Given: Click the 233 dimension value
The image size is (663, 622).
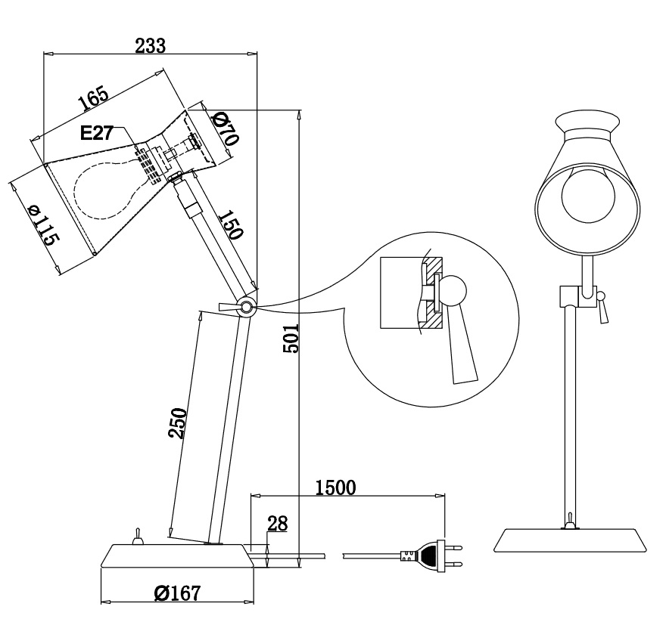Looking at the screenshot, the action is (x=150, y=45).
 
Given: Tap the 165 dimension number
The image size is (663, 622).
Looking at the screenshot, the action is (x=93, y=99).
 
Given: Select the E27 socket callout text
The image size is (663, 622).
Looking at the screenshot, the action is (x=97, y=133).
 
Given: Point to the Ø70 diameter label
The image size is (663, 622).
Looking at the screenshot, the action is (x=226, y=128).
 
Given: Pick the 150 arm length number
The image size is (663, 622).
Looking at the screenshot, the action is (x=231, y=224).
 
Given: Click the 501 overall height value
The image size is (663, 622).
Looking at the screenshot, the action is (x=291, y=339).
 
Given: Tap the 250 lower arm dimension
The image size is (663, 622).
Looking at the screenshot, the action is (x=178, y=423).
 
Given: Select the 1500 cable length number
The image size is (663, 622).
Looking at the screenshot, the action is (x=336, y=487).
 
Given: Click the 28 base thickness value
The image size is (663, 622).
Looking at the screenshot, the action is (x=277, y=524).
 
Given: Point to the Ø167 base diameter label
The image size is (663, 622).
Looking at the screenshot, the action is (x=177, y=593).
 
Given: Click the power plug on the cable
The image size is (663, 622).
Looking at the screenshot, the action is (x=431, y=556).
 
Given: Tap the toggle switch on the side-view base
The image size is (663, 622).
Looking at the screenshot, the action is (x=138, y=537).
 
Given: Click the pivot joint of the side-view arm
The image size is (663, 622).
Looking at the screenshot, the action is (x=246, y=306).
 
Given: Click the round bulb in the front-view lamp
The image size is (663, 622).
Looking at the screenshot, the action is (x=588, y=193).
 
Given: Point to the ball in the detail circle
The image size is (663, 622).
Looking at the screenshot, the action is (x=453, y=290).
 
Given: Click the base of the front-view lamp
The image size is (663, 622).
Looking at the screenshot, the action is (x=571, y=540).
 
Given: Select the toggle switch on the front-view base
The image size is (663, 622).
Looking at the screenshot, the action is (x=570, y=521).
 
